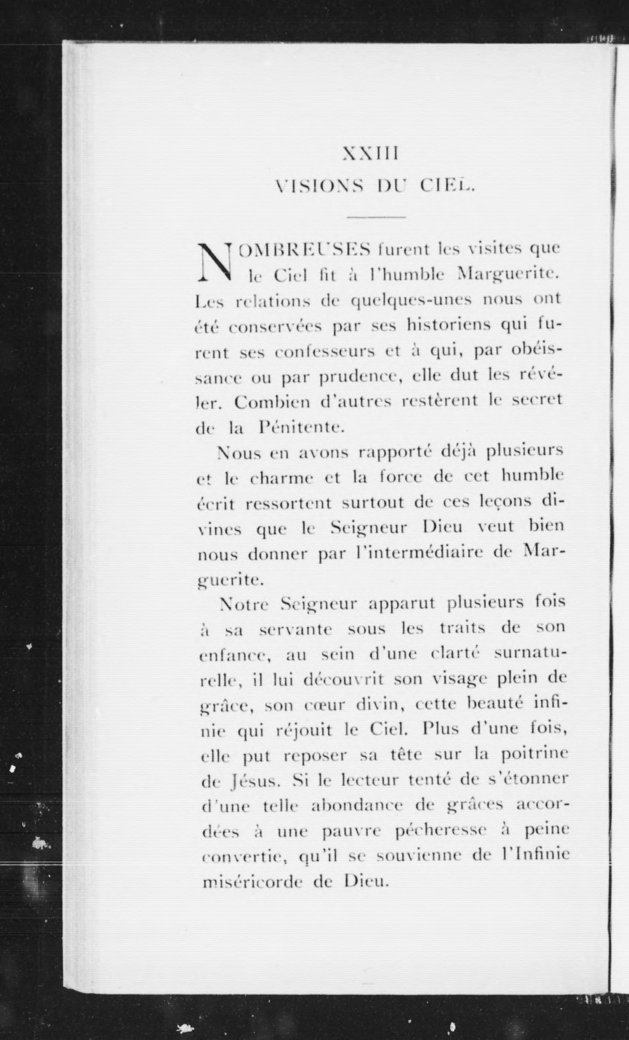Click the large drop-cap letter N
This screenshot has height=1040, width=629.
click(215, 263)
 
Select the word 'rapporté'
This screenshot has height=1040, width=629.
click(394, 452)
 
